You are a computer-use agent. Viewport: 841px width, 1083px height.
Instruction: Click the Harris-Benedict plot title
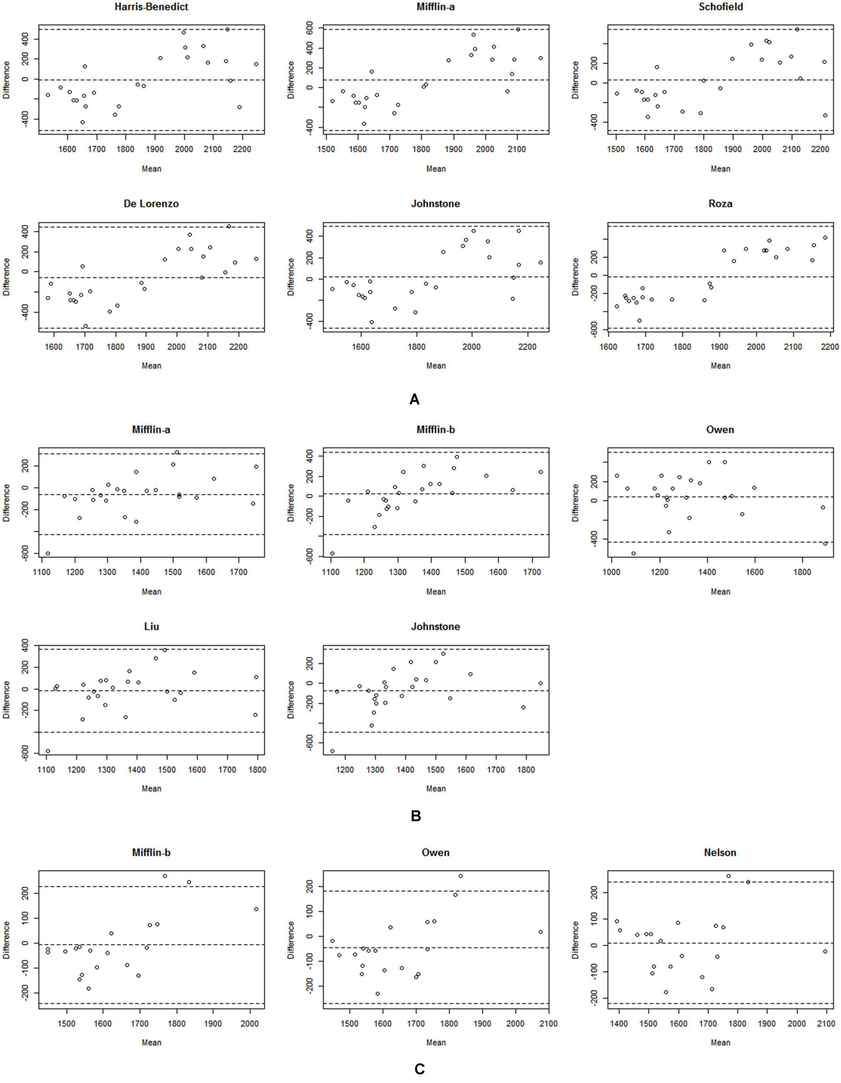[151, 7]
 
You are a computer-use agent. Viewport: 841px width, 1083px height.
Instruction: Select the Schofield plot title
[720, 7]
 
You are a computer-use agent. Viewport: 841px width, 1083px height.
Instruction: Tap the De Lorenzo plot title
[151, 204]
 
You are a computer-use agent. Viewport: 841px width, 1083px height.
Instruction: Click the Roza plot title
[720, 204]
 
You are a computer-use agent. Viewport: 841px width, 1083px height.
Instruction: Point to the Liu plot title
[151, 627]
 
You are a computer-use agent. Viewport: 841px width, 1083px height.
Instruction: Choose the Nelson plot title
[720, 853]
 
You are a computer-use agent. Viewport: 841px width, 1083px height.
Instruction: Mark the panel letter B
[416, 816]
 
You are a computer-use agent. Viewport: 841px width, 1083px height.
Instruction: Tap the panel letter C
[419, 1070]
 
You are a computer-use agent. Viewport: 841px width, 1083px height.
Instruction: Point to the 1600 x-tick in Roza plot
[608, 347]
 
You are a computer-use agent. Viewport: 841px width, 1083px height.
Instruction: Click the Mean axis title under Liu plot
[151, 788]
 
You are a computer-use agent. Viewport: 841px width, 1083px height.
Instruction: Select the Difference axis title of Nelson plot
[575, 946]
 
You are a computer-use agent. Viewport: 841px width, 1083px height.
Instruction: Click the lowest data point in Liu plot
[48, 751]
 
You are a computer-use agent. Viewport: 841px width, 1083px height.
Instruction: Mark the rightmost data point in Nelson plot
[825, 952]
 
